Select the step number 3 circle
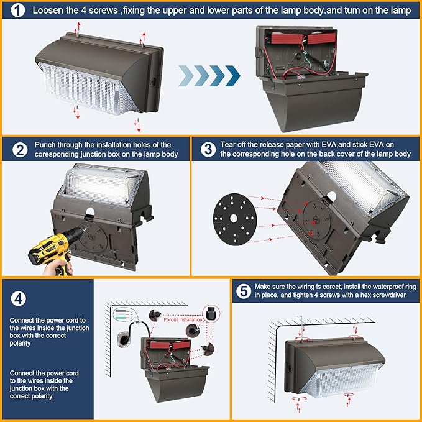(207, 149)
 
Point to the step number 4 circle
(19, 296)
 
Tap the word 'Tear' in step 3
(227, 144)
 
